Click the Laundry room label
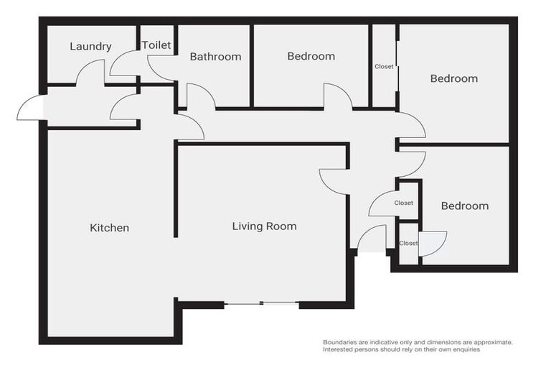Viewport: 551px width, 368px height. [x=90, y=47]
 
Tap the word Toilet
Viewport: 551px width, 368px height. [x=156, y=45]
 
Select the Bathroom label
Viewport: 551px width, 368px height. [x=215, y=57]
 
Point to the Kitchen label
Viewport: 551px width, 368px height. [x=109, y=228]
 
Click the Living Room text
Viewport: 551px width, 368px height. [x=264, y=226]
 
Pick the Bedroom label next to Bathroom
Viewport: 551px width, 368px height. [x=311, y=56]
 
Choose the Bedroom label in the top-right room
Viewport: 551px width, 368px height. [x=453, y=78]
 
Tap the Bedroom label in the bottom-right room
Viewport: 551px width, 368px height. [x=464, y=206]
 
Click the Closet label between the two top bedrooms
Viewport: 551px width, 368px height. [x=384, y=67]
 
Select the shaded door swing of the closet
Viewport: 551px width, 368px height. [x=431, y=242]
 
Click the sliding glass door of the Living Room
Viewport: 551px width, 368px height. [x=261, y=304]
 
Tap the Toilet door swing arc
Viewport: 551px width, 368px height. [x=123, y=65]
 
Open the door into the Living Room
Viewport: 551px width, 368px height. [x=333, y=180]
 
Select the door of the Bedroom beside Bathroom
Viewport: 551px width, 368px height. [x=337, y=96]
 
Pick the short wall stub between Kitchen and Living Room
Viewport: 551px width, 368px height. [x=175, y=190]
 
